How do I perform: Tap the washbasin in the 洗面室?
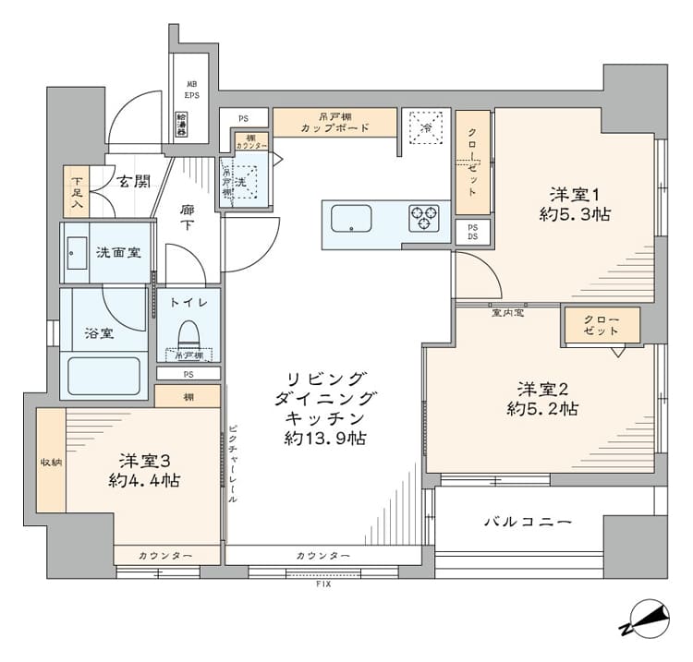click(x=76, y=252)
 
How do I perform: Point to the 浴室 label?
click(x=100, y=333)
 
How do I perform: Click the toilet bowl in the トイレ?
click(x=188, y=331)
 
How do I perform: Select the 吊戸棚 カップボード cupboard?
click(x=335, y=122)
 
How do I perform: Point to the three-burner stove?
click(x=423, y=218)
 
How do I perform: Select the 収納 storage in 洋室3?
click(x=51, y=461)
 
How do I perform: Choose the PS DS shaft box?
click(x=472, y=232)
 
